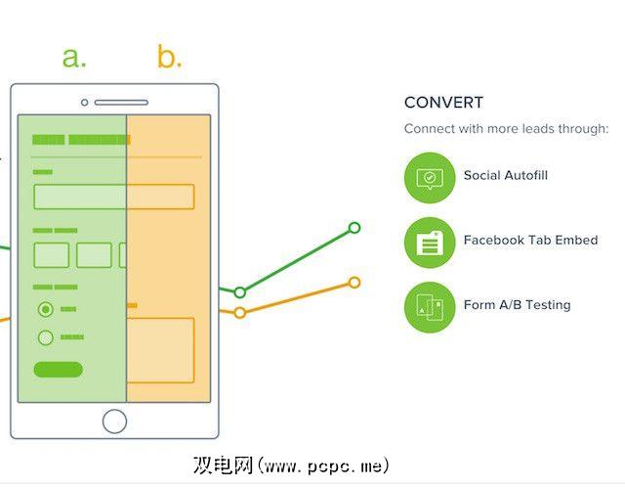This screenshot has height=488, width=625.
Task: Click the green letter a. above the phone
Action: pos(74,57)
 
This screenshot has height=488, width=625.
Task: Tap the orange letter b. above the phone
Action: pos(170,56)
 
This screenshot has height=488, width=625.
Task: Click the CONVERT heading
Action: pos(443,103)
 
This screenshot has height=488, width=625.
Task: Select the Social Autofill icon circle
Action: pos(430,178)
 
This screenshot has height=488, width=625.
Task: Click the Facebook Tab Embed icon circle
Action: pos(430,243)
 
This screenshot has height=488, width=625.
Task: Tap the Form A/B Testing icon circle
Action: pos(430,307)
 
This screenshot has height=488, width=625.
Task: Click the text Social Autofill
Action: pos(506,175)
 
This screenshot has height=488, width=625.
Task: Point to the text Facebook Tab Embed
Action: pos(530,240)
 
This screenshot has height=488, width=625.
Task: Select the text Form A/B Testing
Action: pos(517,305)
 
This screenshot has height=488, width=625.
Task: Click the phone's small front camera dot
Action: pos(85,103)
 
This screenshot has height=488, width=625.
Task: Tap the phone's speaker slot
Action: pos(121,103)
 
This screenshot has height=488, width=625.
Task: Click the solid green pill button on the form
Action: pos(59,370)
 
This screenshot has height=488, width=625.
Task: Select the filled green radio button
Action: pos(46,309)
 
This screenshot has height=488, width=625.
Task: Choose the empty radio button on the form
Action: pos(46,337)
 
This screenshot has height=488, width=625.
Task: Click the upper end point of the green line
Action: pos(354,228)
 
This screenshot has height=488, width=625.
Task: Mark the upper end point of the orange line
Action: pos(354,283)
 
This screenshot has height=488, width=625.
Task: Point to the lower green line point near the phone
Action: pos(239,292)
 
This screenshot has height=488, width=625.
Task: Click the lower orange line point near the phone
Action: pos(239,312)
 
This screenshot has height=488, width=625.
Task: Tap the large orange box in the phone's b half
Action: pos(160,350)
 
